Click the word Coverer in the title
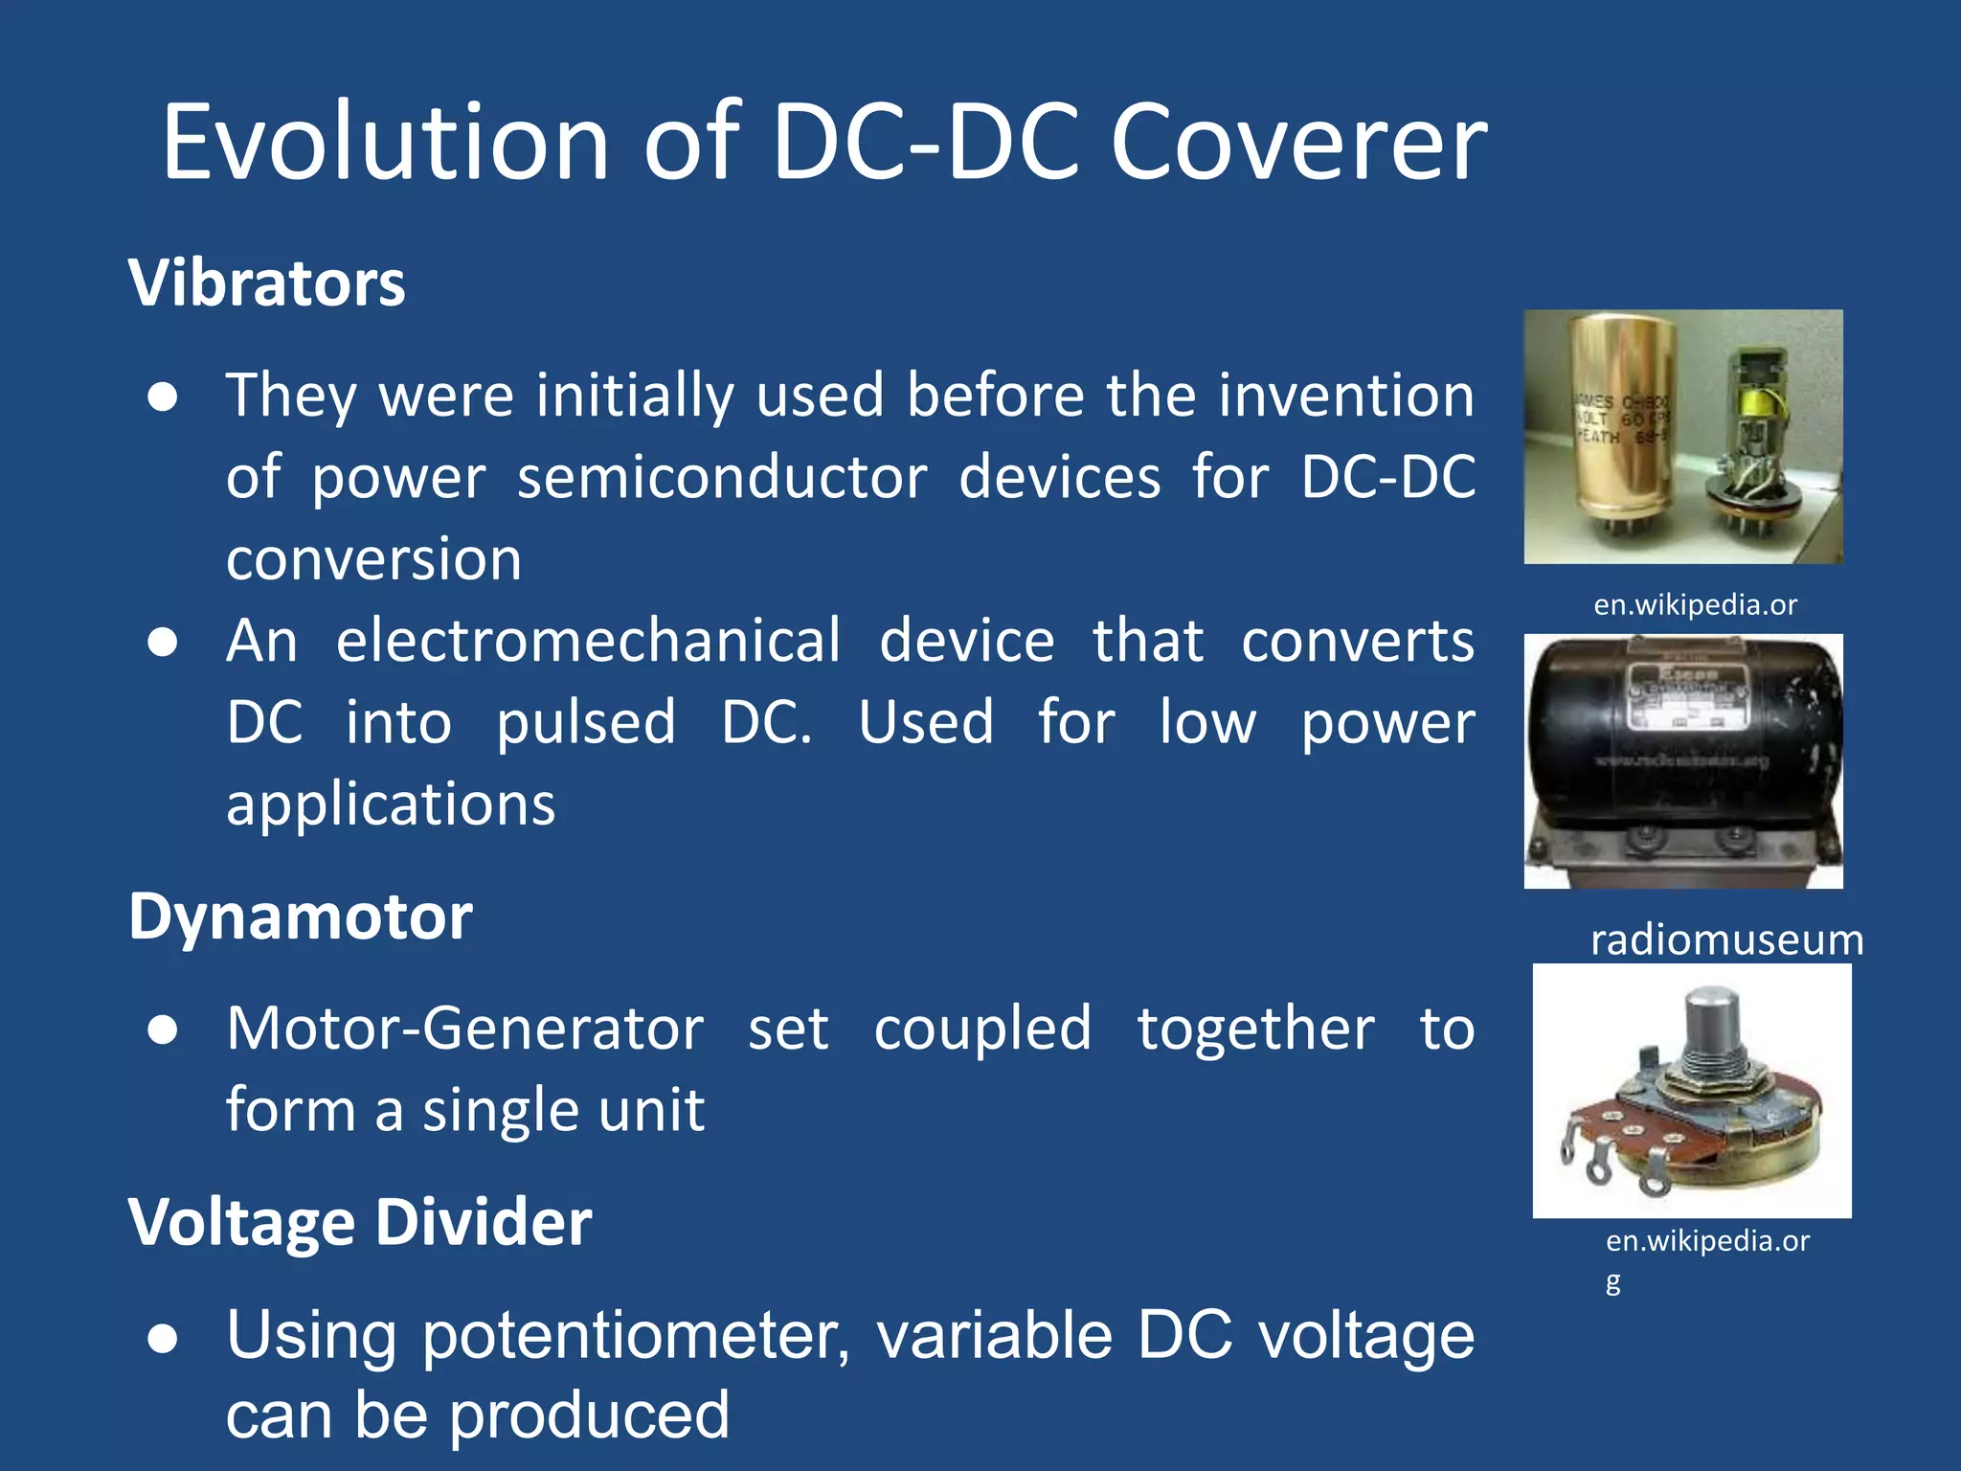coord(1297,144)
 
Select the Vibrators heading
coord(267,283)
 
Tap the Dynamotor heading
coord(300,917)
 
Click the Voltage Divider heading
coord(360,1223)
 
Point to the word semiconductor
coord(722,477)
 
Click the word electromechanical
coord(588,641)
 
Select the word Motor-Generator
coord(465,1029)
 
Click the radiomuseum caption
coord(1726,939)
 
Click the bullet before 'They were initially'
coord(163,397)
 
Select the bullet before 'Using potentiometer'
coord(163,1339)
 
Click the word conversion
coord(373,559)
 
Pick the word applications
coord(391,804)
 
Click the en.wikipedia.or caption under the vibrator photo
coord(1695,605)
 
